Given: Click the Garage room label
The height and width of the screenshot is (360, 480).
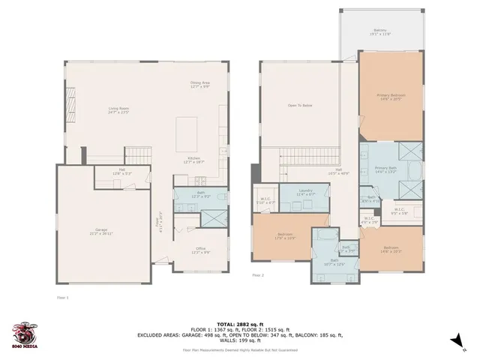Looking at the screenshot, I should [x=100, y=230].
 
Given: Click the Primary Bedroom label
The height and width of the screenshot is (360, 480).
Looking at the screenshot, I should [x=391, y=97].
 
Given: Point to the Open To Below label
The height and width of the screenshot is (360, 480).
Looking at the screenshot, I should [x=299, y=106].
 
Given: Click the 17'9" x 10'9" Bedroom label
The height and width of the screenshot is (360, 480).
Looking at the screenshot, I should [x=285, y=236].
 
